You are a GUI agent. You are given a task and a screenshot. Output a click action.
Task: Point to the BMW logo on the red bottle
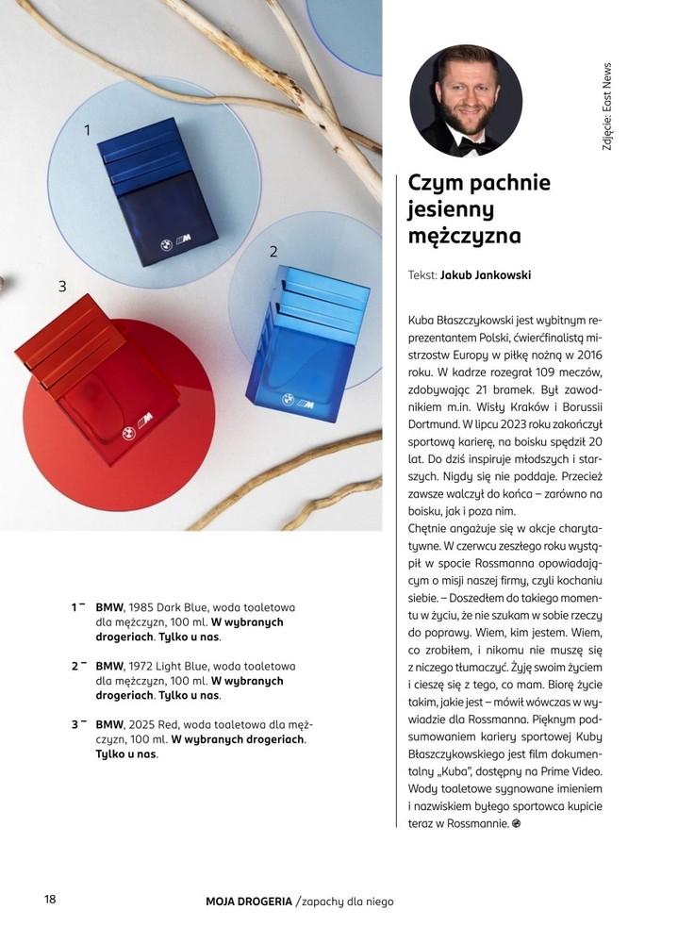(x=129, y=433)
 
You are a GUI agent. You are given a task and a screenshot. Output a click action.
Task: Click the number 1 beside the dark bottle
(x=88, y=130)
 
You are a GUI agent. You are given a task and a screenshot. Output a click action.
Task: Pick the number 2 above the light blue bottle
(x=273, y=252)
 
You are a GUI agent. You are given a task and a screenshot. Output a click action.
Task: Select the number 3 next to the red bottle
(x=62, y=286)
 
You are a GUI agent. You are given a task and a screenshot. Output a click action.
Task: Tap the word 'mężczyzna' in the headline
(x=465, y=236)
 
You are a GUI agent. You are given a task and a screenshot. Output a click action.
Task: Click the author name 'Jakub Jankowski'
(x=486, y=275)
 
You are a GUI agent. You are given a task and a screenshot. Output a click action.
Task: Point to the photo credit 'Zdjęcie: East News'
(x=606, y=108)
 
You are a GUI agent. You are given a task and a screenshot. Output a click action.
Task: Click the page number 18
(x=50, y=899)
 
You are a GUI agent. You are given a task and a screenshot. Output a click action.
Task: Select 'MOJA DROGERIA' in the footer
(x=249, y=902)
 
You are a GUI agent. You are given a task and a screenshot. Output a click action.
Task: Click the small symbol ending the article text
(x=516, y=824)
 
